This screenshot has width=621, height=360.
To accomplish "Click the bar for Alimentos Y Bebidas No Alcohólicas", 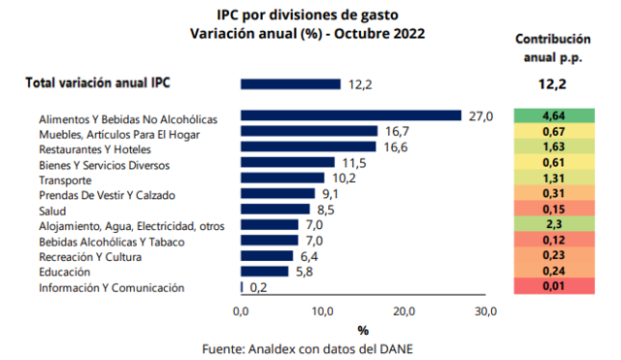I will pyautogui.click(x=350, y=115).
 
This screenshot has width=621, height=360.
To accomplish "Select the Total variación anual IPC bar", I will pyautogui.click(x=291, y=84).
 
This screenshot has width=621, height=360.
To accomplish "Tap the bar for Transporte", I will pyautogui.click(x=282, y=178).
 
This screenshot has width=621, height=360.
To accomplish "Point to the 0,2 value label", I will pyautogui.click(x=258, y=287).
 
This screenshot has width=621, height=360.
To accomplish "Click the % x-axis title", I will pyautogui.click(x=363, y=330).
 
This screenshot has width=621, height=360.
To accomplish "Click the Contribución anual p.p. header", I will pyautogui.click(x=551, y=49).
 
